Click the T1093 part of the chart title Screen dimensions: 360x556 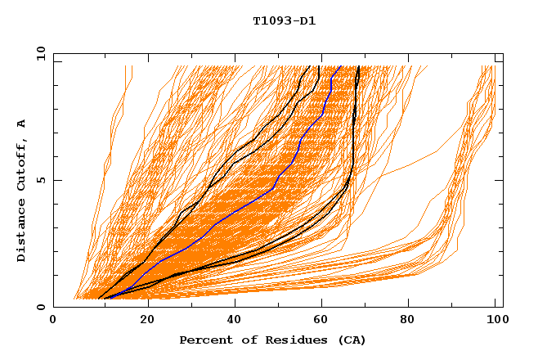(x=269, y=20)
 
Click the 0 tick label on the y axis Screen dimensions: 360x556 (x=41, y=307)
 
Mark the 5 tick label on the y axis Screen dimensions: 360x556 (x=41, y=180)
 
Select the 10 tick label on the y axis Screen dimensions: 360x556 (x=39, y=53)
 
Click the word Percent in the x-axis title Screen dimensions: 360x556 (x=204, y=340)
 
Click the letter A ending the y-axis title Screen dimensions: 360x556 (x=21, y=123)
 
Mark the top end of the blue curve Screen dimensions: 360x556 (x=340, y=66)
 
